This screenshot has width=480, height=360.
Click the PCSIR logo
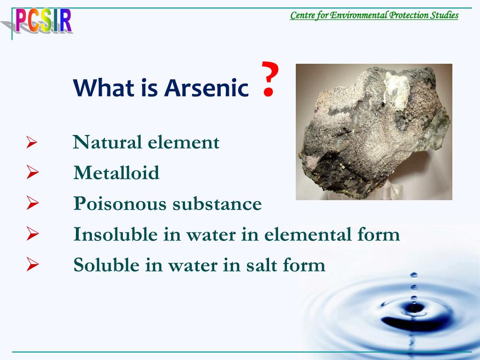(x=43, y=21)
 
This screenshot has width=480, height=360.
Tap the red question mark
(x=270, y=79)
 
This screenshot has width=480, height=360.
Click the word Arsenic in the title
(x=206, y=88)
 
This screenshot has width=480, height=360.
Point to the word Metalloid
(x=116, y=172)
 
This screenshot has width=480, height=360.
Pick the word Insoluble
(x=115, y=234)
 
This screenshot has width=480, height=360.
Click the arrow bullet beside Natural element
(x=32, y=142)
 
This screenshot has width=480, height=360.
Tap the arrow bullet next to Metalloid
(x=32, y=172)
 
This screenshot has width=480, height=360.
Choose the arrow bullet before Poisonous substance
(x=32, y=202)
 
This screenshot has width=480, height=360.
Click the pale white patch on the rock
(x=397, y=90)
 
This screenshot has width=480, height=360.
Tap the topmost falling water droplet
(x=413, y=275)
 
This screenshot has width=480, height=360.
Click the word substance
(x=217, y=203)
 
